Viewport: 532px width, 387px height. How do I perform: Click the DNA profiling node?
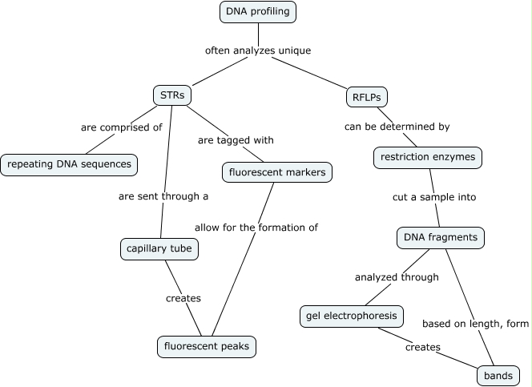[258, 12]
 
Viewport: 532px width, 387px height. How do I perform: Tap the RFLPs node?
[365, 97]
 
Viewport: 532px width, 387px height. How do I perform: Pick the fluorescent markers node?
[276, 171]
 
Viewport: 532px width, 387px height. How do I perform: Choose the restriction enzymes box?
[428, 157]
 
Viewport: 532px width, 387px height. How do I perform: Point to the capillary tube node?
[159, 249]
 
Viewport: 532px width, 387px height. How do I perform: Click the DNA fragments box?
[441, 237]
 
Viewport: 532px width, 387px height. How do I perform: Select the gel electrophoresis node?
[351, 316]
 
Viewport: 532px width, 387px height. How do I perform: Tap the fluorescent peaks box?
[207, 346]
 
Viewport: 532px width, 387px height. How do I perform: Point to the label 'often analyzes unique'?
[258, 50]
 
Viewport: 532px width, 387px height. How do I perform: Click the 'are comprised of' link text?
[122, 127]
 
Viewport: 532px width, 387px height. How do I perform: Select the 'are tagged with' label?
[236, 139]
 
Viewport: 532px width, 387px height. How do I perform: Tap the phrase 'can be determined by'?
[397, 127]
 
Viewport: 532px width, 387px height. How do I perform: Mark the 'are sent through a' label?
[163, 196]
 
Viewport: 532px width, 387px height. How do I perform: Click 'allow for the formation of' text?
[256, 228]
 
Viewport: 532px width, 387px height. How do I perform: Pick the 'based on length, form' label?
[476, 324]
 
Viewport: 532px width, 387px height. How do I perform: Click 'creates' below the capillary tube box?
[183, 298]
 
